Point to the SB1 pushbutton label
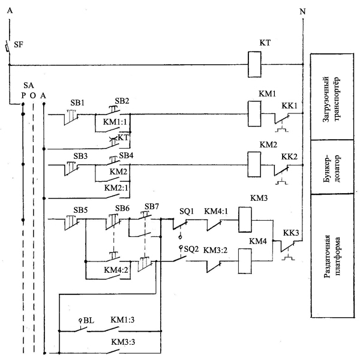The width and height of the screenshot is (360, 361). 77,103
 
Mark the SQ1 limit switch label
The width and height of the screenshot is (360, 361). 187,211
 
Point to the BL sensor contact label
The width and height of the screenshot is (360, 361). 88,320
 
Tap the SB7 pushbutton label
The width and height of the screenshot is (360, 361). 152,206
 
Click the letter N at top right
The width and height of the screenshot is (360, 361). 302,11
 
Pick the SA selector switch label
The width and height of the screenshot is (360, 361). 28,86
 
